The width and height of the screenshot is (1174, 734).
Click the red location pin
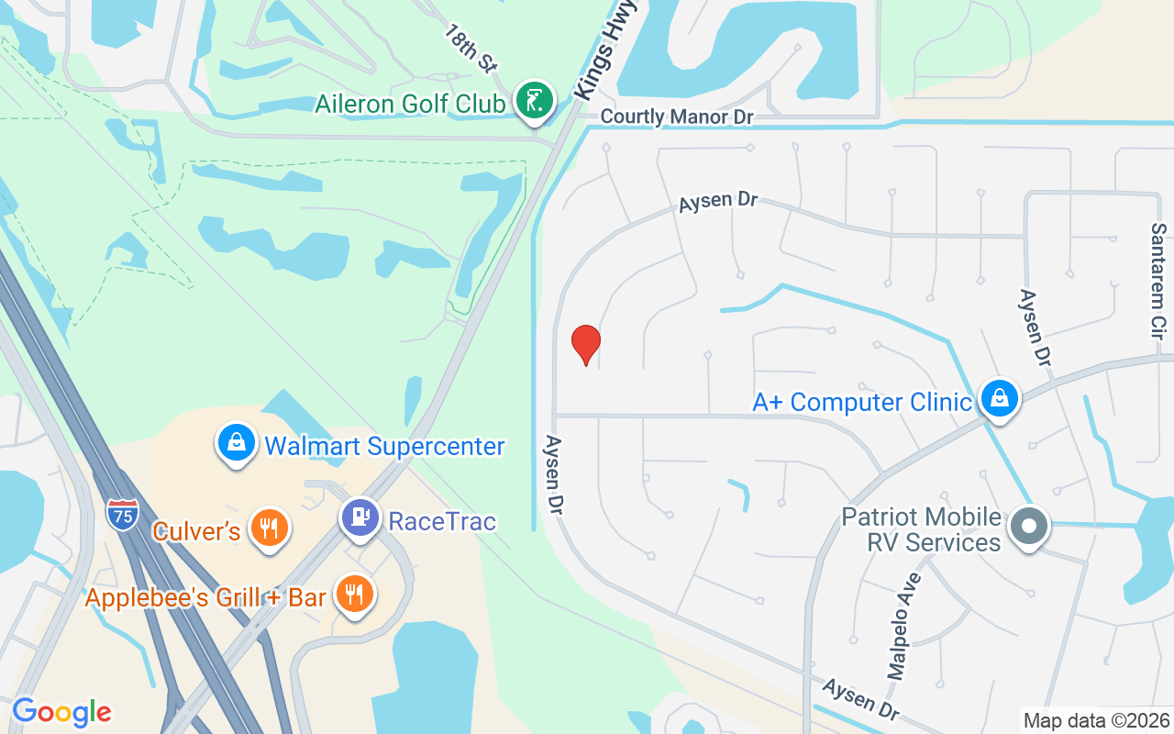pos(585,344)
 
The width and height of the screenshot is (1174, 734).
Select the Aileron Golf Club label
pos(409,104)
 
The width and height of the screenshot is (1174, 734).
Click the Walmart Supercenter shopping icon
pos(237,443)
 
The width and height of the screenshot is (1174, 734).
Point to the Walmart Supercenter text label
pos(384,447)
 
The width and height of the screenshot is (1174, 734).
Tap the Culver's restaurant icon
pos(268,528)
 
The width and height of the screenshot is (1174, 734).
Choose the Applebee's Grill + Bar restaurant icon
pos(354,594)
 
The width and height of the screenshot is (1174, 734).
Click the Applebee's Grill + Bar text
pos(205,598)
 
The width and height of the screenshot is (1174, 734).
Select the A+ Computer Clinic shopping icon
pos(998,399)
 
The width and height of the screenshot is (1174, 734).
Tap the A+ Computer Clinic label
pos(861,402)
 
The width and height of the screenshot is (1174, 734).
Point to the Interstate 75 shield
pos(122,515)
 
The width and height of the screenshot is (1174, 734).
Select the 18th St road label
pos(471,48)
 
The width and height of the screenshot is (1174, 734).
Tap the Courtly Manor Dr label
pos(676,117)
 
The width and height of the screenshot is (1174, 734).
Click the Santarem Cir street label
pos(1158,282)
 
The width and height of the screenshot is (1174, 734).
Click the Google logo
pos(61,712)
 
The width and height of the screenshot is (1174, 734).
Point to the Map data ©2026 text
pos(1096,720)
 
